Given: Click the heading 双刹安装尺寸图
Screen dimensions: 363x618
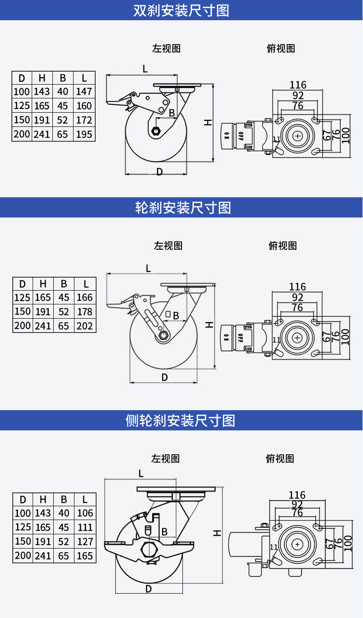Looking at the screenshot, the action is (x=181, y=11).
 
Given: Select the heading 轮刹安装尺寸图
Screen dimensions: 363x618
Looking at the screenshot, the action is (x=183, y=207).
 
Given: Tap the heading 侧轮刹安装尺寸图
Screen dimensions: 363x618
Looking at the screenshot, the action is (x=180, y=420).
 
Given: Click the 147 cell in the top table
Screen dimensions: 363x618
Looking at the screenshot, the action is (x=84, y=92).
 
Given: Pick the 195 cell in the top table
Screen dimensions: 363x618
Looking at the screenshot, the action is (x=84, y=134).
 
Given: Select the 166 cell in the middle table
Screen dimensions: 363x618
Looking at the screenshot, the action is (x=85, y=297).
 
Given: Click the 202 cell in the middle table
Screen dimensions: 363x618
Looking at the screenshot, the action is (x=85, y=326).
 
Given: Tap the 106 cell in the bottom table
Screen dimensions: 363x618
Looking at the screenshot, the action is (x=85, y=513).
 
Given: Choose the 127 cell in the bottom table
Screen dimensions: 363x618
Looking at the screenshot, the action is (x=85, y=542).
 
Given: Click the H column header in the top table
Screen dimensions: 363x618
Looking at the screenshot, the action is (x=42, y=78).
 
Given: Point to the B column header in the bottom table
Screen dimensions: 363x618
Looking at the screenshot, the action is (x=64, y=499).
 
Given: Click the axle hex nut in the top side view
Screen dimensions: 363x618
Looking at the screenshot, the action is (x=156, y=131).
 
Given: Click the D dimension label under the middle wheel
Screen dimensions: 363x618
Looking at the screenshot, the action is (x=164, y=377).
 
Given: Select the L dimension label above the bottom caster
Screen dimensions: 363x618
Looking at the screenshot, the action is (x=141, y=474).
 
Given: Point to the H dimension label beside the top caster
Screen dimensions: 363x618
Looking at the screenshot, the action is (x=208, y=122).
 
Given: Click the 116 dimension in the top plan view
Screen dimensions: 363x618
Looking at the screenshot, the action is (x=298, y=85).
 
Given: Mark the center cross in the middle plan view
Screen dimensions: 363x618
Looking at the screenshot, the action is (x=297, y=338).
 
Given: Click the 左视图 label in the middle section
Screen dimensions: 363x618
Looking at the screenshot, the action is (x=168, y=246).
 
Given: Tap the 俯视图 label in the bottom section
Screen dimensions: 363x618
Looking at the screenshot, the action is (x=280, y=458).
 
